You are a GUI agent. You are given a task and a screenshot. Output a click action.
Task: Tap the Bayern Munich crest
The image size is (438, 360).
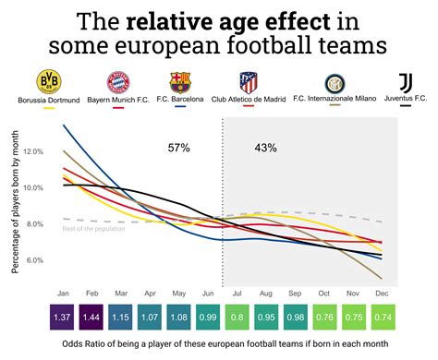pyautogui.click(x=116, y=82)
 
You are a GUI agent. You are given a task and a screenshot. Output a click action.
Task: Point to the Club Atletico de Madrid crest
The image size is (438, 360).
pyautogui.click(x=249, y=82)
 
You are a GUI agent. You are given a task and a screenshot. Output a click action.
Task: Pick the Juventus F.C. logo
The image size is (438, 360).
pyautogui.click(x=405, y=82)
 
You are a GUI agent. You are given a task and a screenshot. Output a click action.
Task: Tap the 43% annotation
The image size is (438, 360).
pyautogui.click(x=265, y=147)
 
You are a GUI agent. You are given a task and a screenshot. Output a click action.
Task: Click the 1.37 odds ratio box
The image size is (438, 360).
pyautogui.click(x=64, y=317)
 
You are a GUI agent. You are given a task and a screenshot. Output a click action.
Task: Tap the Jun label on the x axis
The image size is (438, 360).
pyautogui.click(x=210, y=294)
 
